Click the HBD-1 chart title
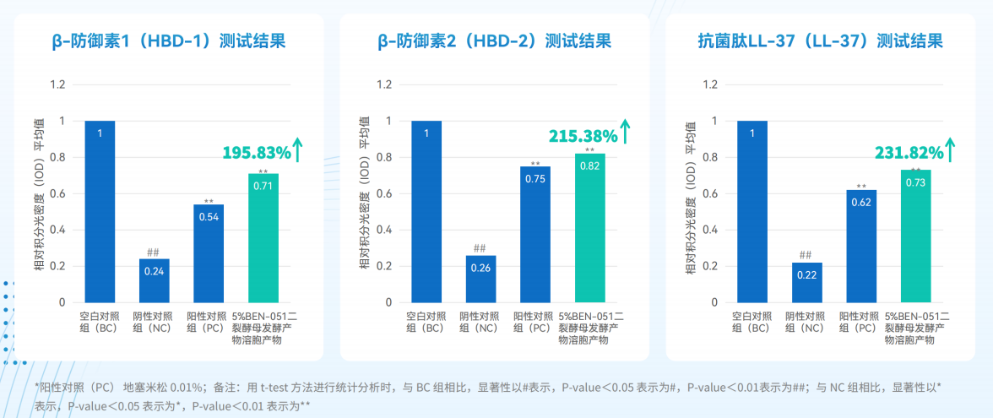(168, 42)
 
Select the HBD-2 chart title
(494, 42)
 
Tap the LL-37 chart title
(820, 42)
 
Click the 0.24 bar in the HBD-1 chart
(155, 280)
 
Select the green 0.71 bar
(263, 238)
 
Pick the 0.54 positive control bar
(209, 253)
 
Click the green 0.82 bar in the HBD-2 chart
(590, 228)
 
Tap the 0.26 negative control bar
(481, 279)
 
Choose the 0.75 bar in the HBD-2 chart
(535, 235)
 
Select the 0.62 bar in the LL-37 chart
(862, 247)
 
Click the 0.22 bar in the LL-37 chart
(807, 282)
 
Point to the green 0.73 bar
(916, 236)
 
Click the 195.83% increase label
(257, 153)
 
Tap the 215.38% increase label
(583, 136)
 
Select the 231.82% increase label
(909, 153)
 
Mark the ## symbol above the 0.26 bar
(480, 248)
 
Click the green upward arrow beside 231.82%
(949, 148)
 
